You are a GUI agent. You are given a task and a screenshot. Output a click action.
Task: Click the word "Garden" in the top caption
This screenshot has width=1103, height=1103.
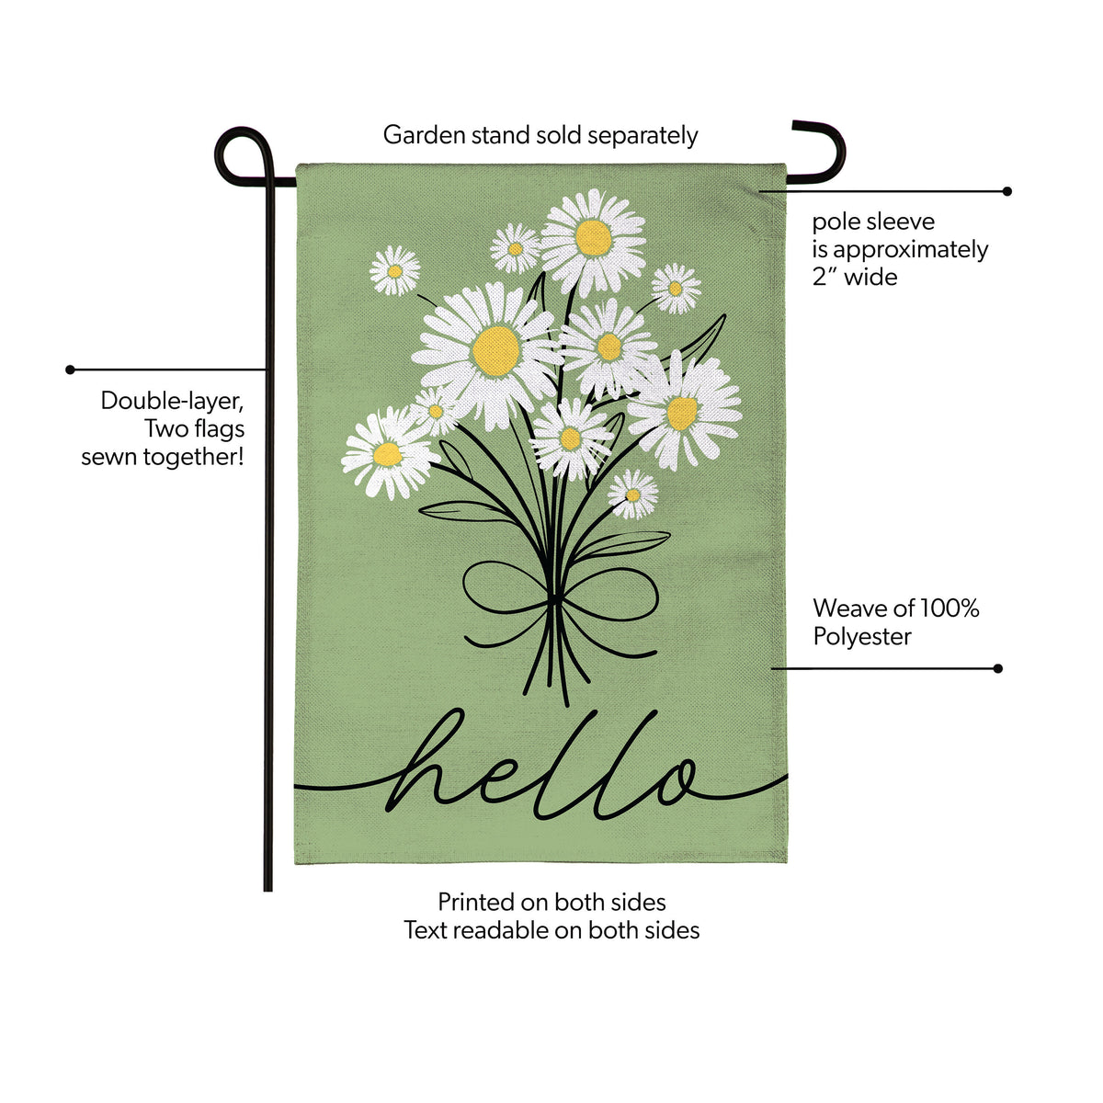tap(424, 136)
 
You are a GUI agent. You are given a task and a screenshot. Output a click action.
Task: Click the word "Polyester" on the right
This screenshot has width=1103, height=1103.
tap(862, 636)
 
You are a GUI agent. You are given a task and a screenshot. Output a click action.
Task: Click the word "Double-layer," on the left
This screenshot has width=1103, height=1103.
tap(173, 402)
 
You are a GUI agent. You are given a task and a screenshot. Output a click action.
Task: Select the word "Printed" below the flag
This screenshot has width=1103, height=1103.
tap(475, 903)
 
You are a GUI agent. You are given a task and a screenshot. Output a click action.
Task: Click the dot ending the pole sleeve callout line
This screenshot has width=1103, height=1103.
tap(1006, 191)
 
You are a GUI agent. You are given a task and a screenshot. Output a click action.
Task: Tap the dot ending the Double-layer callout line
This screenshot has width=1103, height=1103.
tap(71, 370)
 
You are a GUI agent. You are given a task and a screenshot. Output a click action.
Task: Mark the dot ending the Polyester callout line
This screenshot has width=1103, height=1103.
tap(997, 668)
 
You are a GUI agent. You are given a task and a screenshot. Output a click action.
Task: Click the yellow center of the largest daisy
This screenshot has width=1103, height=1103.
tap(495, 351)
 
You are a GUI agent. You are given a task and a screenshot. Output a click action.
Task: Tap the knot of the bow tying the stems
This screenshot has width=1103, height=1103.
tap(553, 599)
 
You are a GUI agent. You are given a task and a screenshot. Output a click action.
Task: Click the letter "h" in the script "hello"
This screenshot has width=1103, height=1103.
tap(426, 761)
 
